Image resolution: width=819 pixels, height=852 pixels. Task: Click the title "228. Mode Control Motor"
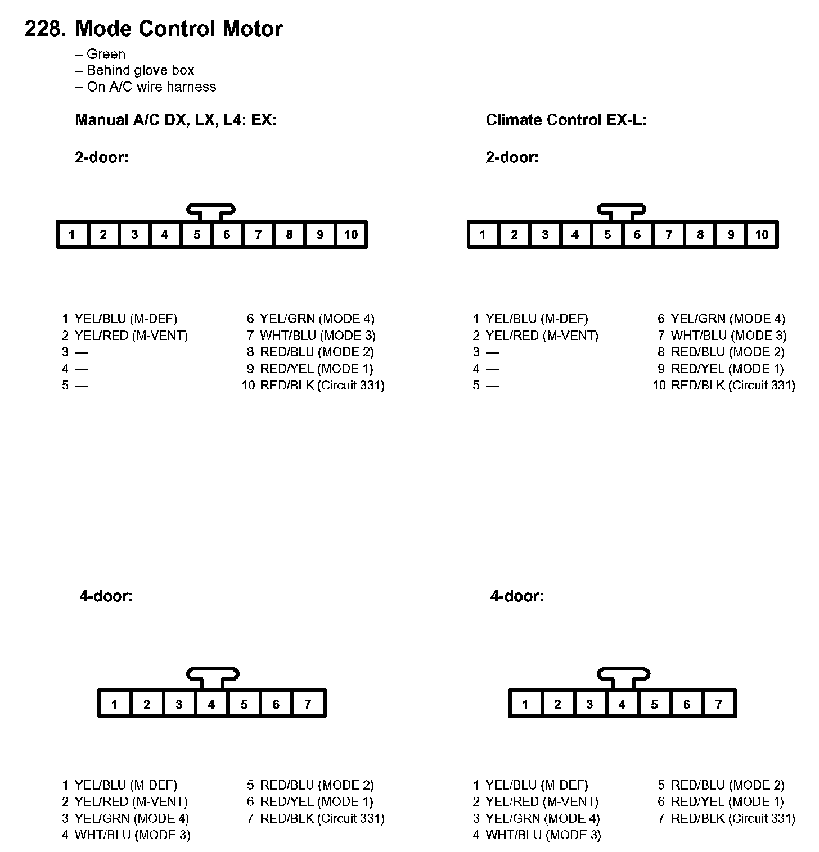tap(153, 29)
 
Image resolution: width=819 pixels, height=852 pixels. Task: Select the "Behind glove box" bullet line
tap(134, 70)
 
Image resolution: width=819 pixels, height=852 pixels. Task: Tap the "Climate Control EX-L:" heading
tap(566, 120)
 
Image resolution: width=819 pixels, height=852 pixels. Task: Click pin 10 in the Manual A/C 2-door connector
tap(351, 235)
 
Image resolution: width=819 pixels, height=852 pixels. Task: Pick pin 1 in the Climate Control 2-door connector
tap(483, 235)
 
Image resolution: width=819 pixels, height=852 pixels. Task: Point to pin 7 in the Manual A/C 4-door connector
tap(308, 704)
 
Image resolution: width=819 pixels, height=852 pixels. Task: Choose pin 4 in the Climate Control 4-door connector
tap(622, 704)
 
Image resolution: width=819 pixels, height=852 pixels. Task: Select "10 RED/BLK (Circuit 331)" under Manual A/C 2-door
tap(313, 386)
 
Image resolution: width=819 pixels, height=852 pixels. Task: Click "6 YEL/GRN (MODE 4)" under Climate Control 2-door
tap(721, 319)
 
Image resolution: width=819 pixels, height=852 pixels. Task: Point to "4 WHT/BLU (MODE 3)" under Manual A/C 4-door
tap(127, 835)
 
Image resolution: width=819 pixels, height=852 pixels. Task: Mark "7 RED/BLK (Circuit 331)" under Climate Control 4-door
tap(727, 818)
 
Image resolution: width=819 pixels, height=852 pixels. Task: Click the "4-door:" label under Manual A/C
tap(106, 596)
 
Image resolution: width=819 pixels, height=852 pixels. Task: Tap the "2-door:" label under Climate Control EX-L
tap(512, 157)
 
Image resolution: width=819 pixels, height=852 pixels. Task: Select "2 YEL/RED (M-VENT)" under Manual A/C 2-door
tap(125, 336)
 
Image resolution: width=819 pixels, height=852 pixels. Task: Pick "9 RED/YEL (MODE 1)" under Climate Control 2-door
tap(721, 369)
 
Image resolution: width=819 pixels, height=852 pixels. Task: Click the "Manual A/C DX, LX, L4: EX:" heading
tap(175, 120)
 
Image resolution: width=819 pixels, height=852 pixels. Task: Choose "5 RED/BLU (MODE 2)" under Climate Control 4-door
tap(721, 785)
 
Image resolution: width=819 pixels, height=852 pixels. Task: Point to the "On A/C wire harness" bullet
tap(146, 87)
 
